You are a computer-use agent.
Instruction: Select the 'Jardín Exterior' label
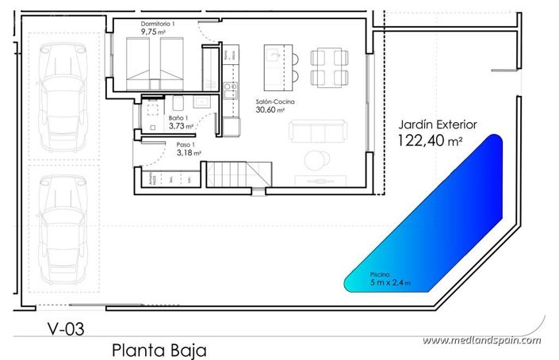pyautogui.click(x=436, y=124)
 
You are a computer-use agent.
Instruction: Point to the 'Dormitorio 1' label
pyautogui.click(x=157, y=25)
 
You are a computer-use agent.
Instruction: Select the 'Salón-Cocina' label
pyautogui.click(x=274, y=102)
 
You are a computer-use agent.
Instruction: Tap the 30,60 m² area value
pyautogui.click(x=271, y=110)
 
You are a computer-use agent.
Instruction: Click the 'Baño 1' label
pyautogui.click(x=178, y=118)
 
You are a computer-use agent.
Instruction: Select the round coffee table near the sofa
pyautogui.click(x=316, y=159)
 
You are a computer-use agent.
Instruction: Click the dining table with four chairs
pyautogui.click(x=327, y=67)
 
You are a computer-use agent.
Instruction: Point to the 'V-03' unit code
pyautogui.click(x=65, y=326)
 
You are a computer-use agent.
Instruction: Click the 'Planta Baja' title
pyautogui.click(x=159, y=349)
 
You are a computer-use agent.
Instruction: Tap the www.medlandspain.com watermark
pyautogui.click(x=481, y=340)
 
